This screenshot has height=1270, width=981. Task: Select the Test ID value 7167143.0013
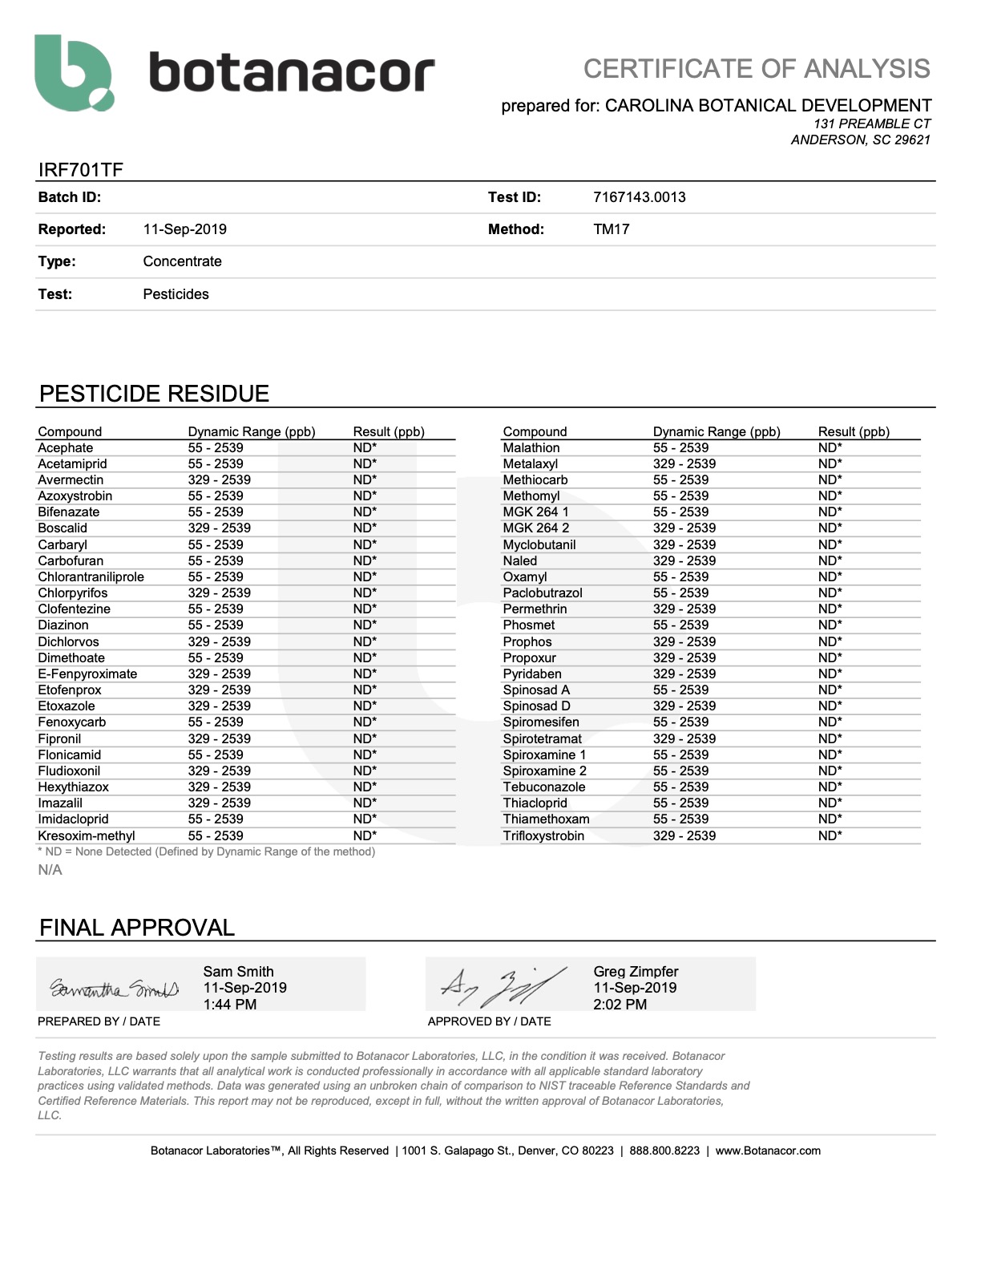(x=639, y=197)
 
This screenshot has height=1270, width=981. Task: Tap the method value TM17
(x=611, y=229)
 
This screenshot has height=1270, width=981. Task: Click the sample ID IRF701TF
(x=80, y=170)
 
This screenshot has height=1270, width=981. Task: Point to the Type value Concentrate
(x=182, y=261)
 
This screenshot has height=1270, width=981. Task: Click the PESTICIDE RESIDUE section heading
(x=154, y=394)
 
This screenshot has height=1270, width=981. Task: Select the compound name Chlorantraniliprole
(x=91, y=577)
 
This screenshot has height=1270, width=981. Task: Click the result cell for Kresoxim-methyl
(x=365, y=835)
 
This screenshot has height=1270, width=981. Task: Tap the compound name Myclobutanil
(x=539, y=545)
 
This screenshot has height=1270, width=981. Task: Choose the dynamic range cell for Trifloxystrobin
(x=684, y=835)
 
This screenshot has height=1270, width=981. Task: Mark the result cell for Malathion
(x=830, y=448)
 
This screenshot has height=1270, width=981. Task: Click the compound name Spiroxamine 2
(x=544, y=771)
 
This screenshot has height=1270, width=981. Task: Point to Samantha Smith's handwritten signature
(x=115, y=989)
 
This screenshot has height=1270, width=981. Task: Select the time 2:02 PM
(x=620, y=1005)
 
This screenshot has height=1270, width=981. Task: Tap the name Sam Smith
(x=238, y=972)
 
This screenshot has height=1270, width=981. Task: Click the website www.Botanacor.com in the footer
(x=767, y=1151)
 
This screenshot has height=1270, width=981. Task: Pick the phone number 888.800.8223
(x=664, y=1151)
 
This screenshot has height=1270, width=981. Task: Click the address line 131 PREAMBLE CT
(x=871, y=123)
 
